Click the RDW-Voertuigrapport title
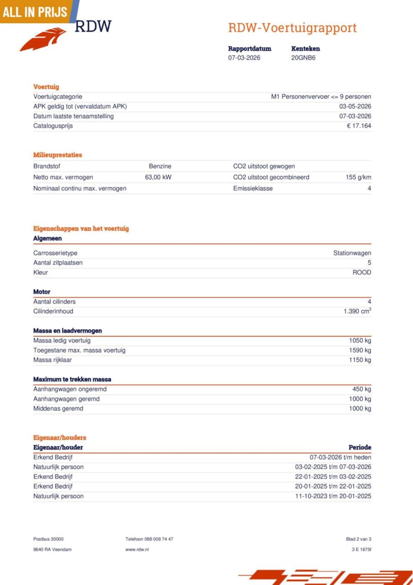tap(292, 28)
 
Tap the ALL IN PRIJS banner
tap(35, 12)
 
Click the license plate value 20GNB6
tap(303, 58)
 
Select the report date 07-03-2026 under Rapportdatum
tap(244, 58)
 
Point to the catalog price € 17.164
tap(359, 126)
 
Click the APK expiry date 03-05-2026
tap(355, 107)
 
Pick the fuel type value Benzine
tap(160, 166)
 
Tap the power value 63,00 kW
tap(158, 177)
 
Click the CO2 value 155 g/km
tap(358, 177)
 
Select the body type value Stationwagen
tap(352, 253)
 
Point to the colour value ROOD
tap(362, 272)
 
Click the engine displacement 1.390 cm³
tap(357, 311)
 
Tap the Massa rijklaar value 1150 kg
tap(360, 360)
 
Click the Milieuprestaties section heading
tap(57, 155)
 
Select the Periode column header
tap(360, 447)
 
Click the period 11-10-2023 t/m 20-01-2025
tap(333, 496)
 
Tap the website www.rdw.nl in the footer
tap(137, 549)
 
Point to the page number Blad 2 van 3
tap(358, 539)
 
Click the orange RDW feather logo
tap(44, 39)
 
